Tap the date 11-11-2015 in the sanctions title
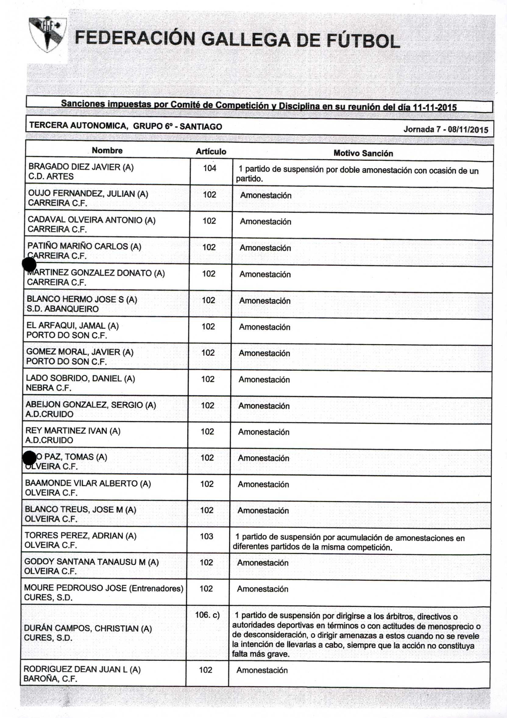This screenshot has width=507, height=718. click(435, 108)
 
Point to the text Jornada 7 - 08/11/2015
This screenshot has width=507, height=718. click(446, 130)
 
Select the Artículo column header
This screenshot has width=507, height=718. click(211, 152)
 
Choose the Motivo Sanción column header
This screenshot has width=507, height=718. click(363, 153)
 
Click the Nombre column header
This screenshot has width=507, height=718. click(107, 151)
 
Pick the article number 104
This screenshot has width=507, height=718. click(210, 168)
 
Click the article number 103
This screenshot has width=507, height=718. click(207, 536)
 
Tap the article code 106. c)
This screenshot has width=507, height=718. click(207, 615)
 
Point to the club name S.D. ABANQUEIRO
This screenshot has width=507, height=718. click(62, 309)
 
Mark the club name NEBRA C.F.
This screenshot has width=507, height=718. click(48, 388)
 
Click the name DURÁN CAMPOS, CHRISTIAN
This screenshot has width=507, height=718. click(88, 629)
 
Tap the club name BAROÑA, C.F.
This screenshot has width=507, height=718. click(50, 679)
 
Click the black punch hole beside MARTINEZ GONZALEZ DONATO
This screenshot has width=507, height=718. click(29, 265)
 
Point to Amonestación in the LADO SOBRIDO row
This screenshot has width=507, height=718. click(264, 380)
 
